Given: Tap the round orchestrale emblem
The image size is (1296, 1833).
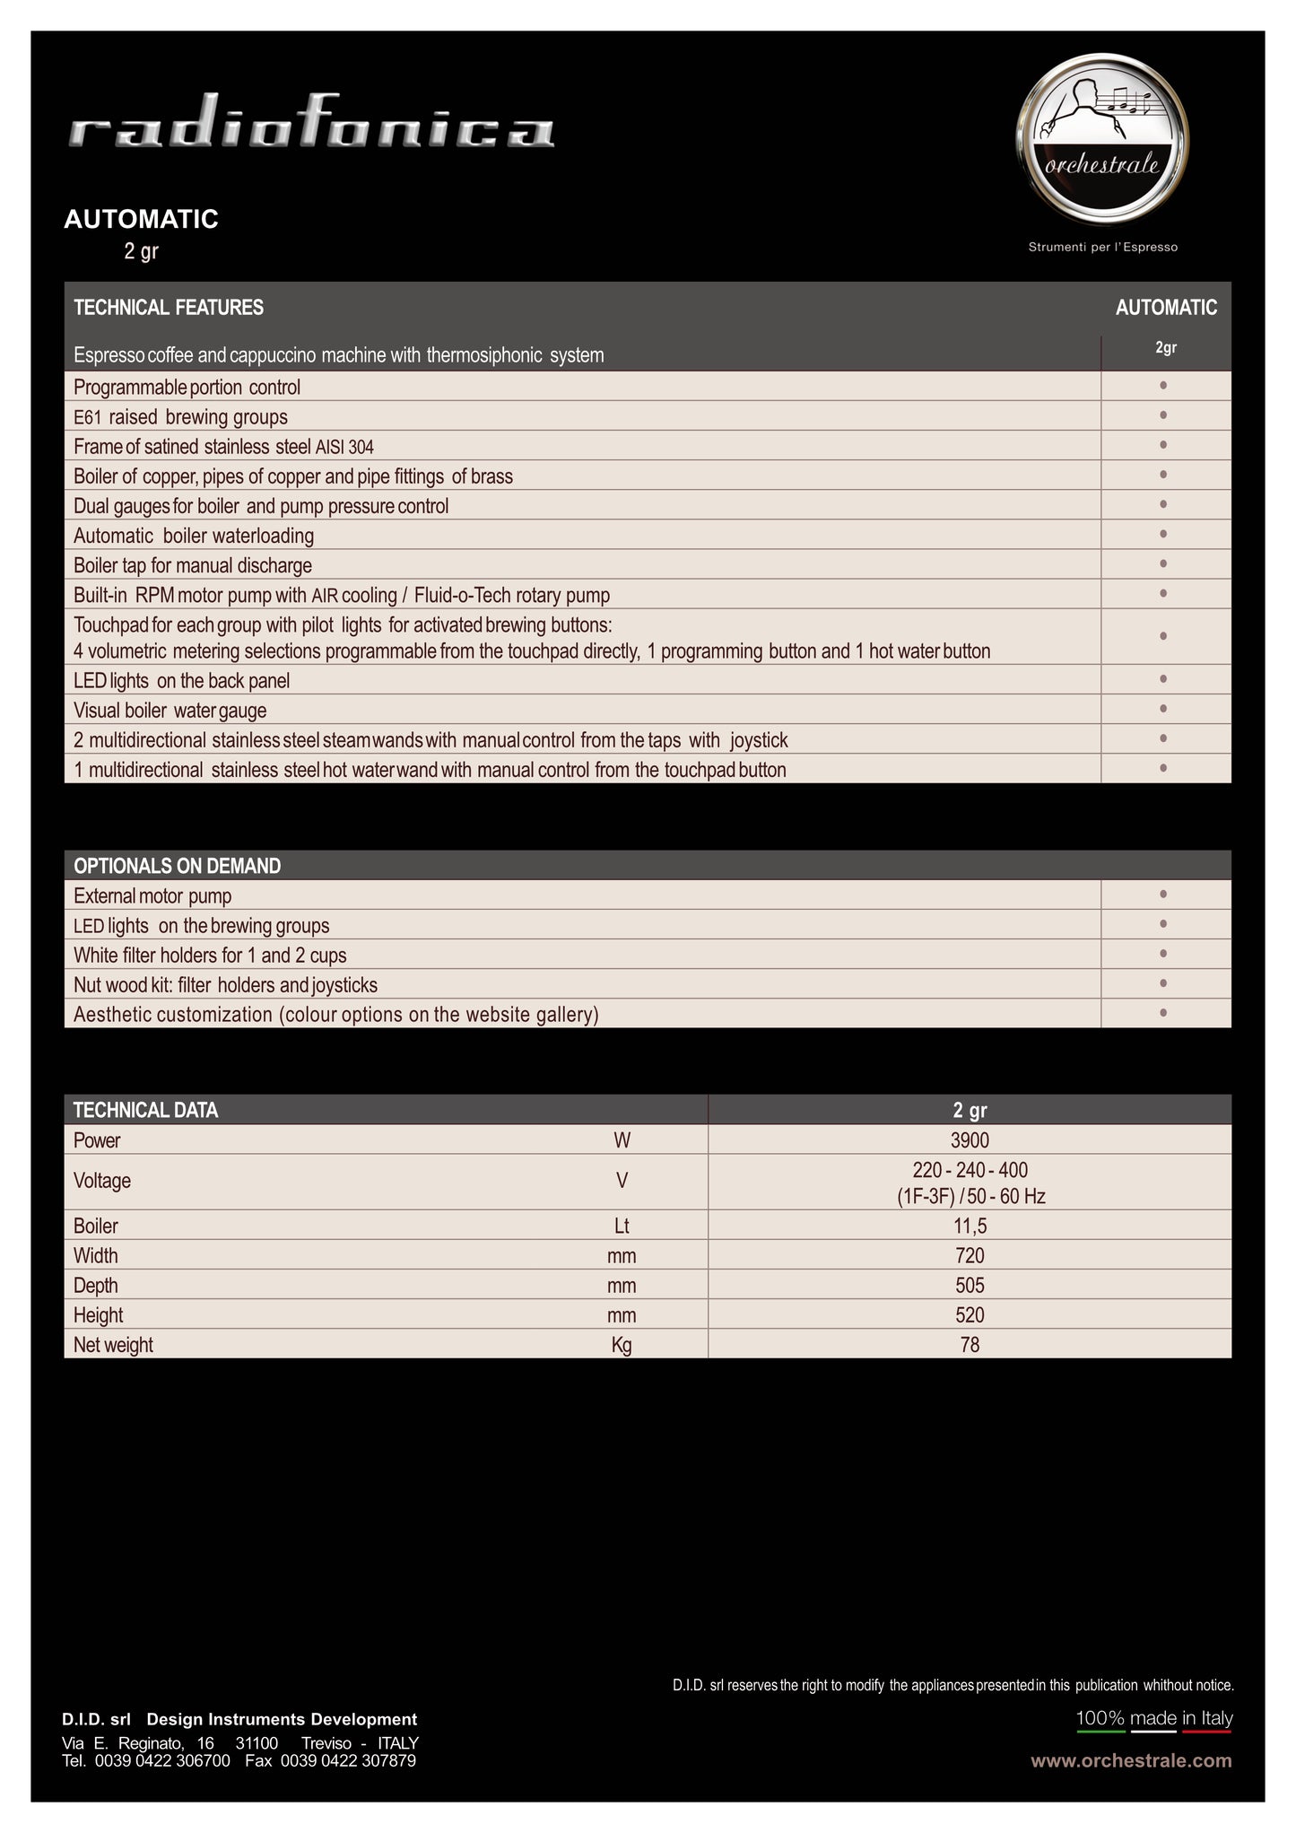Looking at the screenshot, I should point(1102,139).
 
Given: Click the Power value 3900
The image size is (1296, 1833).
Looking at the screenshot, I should point(970,1140).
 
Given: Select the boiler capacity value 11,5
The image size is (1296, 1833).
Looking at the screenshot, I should point(970,1226).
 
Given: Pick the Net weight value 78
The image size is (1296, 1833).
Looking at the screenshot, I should point(970,1344).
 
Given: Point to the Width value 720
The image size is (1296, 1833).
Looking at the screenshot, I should point(970,1255).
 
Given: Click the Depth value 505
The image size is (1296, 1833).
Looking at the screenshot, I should point(970,1285).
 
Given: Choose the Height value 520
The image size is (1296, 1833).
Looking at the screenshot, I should point(970,1314).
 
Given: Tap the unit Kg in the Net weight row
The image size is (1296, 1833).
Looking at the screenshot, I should point(622,1344).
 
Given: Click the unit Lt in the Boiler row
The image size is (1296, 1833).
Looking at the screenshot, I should point(622,1226).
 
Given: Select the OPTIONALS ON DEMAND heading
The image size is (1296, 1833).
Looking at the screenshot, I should point(177,866).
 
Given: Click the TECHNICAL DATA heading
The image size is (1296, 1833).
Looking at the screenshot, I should point(145,1110).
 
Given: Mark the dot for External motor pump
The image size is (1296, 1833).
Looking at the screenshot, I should point(1163,894).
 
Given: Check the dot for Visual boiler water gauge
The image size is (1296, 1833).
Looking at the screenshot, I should point(1163,709).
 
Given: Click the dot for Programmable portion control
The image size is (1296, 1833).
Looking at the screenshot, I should point(1163,386).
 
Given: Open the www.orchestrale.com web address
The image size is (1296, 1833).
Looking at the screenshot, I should point(1131,1760).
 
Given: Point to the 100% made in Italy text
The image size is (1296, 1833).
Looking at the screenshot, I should point(1154,1718).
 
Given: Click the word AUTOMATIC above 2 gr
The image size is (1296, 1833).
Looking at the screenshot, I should point(141,219).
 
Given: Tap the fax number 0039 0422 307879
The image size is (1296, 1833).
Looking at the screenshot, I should point(348,1760).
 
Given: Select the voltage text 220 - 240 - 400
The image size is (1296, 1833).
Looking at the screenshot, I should point(970,1170).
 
